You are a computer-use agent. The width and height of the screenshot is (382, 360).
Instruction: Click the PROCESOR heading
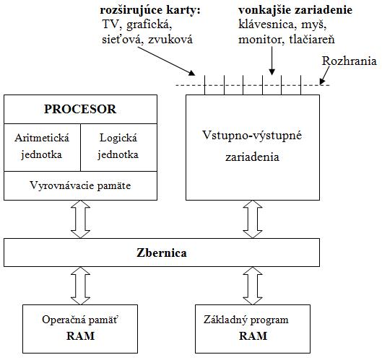pyautogui.click(x=80, y=109)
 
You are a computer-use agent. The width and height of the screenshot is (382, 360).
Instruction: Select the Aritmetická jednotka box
pyautogui.click(x=42, y=147)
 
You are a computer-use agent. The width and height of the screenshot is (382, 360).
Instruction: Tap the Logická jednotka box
pyautogui.click(x=118, y=147)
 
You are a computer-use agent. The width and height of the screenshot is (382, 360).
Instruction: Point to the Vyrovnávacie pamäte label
pyautogui.click(x=80, y=185)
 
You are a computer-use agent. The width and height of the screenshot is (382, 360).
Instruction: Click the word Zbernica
pyautogui.click(x=162, y=253)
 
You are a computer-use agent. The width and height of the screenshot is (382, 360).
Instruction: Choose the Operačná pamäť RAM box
pyautogui.click(x=80, y=329)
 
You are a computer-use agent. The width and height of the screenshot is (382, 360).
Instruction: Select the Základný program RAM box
pyautogui.click(x=253, y=329)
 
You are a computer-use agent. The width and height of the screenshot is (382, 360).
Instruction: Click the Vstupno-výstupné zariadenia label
pyautogui.click(x=252, y=146)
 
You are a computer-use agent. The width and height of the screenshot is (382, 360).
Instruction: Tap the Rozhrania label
pyautogui.click(x=349, y=61)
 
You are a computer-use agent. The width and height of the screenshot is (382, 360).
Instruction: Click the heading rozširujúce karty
pyautogui.click(x=150, y=10)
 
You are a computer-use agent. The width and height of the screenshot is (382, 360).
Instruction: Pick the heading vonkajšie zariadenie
pyautogui.click(x=295, y=10)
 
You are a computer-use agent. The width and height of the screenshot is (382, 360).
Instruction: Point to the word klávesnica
pyautogui.click(x=266, y=25)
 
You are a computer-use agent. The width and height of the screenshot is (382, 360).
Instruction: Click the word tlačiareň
pyautogui.click(x=312, y=40)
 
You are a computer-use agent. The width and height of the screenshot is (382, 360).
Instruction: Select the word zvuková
pyautogui.click(x=170, y=40)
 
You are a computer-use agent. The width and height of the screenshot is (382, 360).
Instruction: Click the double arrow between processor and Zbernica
pyautogui.click(x=80, y=219)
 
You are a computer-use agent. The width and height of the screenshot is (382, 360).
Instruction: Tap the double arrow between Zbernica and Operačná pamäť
pyautogui.click(x=80, y=286)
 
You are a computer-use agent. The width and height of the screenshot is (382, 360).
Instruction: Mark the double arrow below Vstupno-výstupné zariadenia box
pyautogui.click(x=253, y=219)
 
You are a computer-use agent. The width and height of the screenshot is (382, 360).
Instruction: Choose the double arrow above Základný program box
pyautogui.click(x=253, y=286)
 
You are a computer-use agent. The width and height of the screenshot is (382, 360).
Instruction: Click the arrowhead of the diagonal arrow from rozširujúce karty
pyautogui.click(x=192, y=73)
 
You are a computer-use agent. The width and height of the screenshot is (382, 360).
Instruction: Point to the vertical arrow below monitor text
pyautogui.click(x=272, y=61)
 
